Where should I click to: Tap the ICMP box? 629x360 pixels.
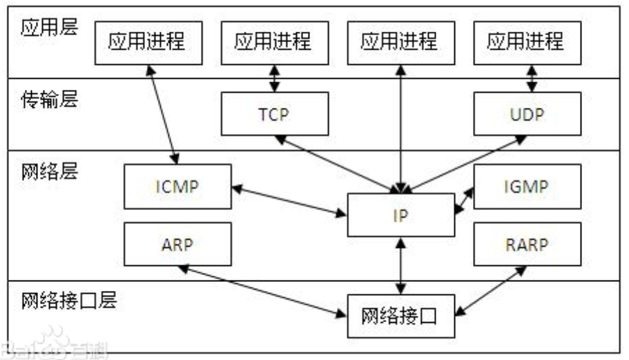pos(177,187)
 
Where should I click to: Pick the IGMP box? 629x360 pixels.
pos(525,187)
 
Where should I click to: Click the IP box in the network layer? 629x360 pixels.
pos(400,216)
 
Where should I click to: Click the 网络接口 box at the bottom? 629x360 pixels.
pos(400,316)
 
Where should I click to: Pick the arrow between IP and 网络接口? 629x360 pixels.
pos(400,266)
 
